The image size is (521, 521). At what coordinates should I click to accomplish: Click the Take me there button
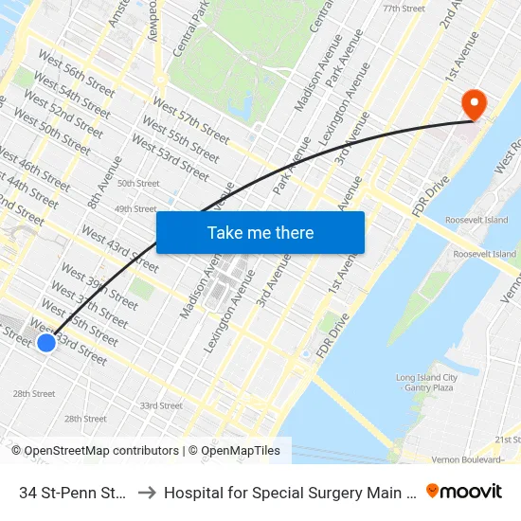[x=260, y=232]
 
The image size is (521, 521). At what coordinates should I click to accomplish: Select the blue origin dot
[x=45, y=343]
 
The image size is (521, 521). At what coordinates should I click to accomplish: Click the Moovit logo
[x=464, y=492]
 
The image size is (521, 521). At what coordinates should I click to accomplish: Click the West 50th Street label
[x=52, y=132]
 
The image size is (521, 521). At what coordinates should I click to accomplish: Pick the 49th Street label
[x=135, y=208]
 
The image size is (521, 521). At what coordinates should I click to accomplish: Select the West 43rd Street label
[x=118, y=247]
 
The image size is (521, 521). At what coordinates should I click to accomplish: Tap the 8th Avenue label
[x=98, y=189]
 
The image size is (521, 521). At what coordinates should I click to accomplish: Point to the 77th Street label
[x=403, y=9]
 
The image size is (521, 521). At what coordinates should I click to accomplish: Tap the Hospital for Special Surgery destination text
[x=288, y=493]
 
